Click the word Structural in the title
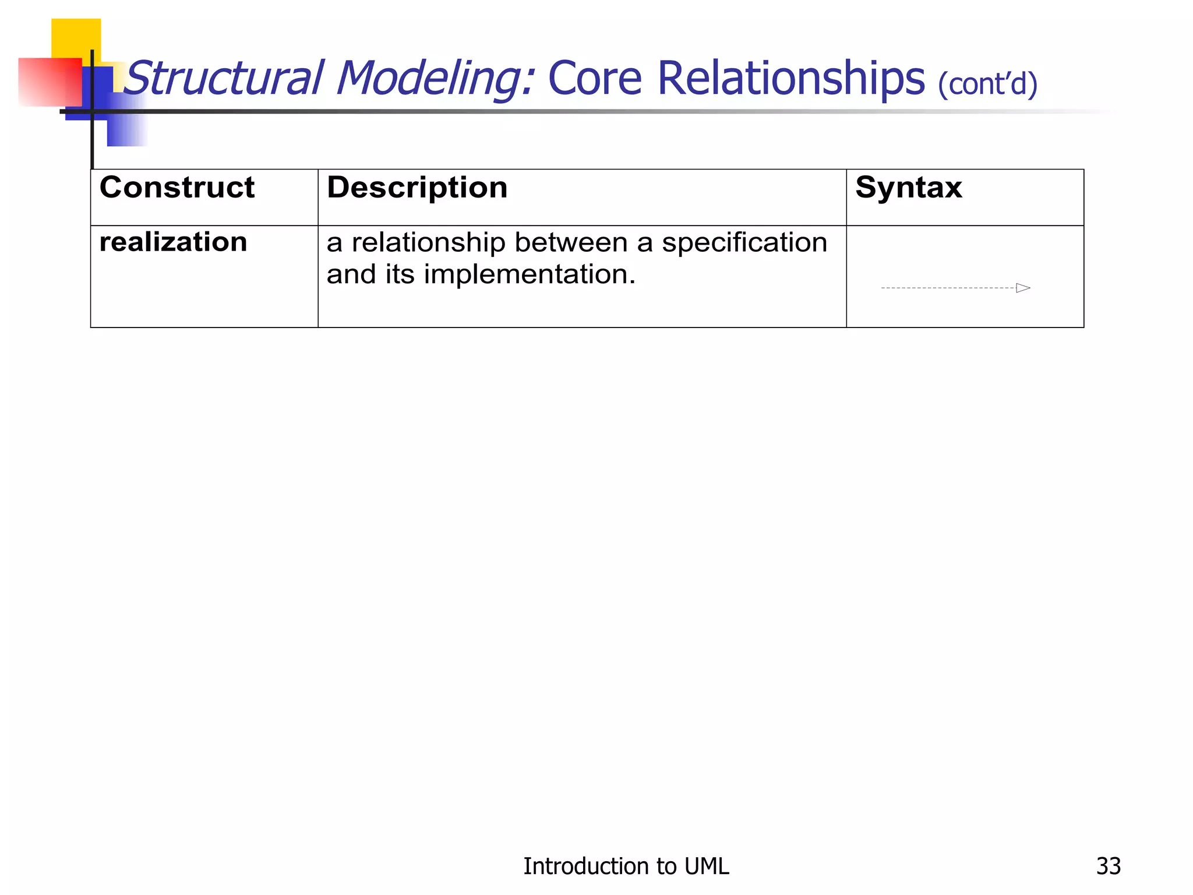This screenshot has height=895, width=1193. click(x=224, y=78)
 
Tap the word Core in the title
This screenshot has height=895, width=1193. click(x=595, y=78)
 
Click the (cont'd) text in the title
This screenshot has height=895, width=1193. click(x=987, y=84)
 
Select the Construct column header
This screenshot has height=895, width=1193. click(x=177, y=188)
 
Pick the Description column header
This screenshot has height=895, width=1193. click(x=417, y=188)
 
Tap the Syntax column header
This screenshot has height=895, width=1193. click(x=908, y=188)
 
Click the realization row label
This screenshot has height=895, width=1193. click(x=174, y=242)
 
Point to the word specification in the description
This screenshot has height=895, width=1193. click(x=744, y=243)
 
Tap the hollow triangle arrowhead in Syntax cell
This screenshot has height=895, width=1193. click(x=1023, y=288)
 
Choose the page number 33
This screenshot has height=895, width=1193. click(x=1108, y=866)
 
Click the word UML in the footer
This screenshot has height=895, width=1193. click(x=707, y=866)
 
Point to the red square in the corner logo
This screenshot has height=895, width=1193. click(x=50, y=82)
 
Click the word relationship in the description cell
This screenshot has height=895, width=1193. click(x=428, y=243)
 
